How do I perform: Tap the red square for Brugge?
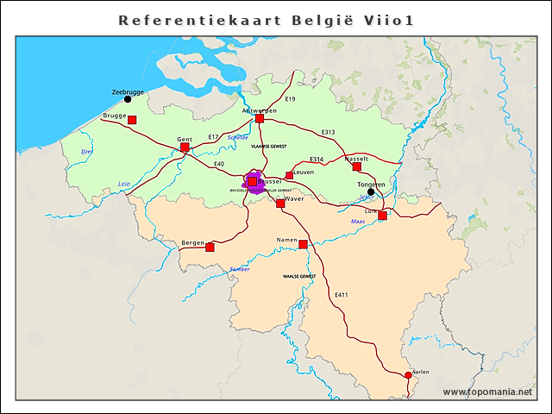(132, 120)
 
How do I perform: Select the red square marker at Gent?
(185, 147)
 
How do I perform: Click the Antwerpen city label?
(259, 111)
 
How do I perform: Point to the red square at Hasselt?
(357, 166)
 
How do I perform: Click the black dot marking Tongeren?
(371, 192)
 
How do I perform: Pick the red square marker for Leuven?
(290, 176)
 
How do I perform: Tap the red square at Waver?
(280, 204)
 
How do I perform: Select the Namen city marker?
(303, 245)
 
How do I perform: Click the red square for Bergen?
(210, 248)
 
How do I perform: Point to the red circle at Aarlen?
(408, 375)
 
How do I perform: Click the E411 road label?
(342, 296)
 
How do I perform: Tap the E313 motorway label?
(328, 132)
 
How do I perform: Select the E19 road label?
(290, 100)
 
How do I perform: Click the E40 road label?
(219, 164)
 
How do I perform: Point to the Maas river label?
(358, 223)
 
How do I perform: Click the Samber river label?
(239, 270)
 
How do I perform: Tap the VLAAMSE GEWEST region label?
(268, 147)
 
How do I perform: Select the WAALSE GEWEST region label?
(299, 277)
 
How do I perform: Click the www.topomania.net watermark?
(487, 392)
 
